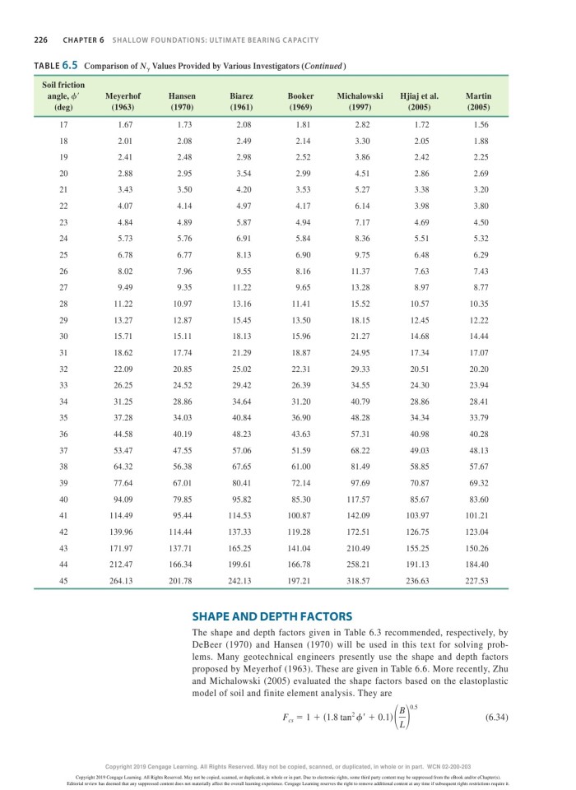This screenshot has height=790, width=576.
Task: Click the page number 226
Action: click(x=39, y=40)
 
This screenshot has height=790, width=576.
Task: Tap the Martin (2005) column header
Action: click(x=478, y=101)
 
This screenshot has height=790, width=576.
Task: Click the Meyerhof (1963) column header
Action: click(x=123, y=101)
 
